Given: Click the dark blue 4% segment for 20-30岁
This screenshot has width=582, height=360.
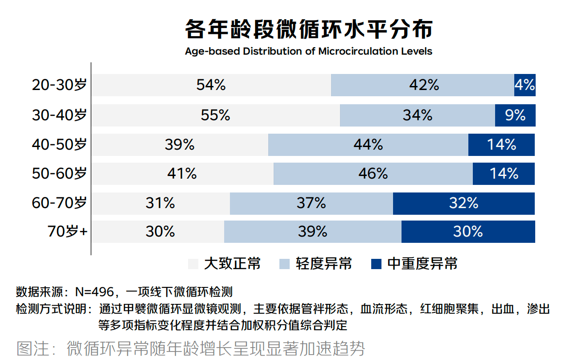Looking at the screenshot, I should pos(525,85).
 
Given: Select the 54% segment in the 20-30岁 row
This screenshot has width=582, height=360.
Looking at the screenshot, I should pos(211,85).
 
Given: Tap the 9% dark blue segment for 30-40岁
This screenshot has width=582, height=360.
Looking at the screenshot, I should pos(515,115).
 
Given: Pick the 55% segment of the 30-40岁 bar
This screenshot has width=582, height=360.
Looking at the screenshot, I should pos(216,115).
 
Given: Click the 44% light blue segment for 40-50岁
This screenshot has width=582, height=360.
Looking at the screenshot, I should pos(368,145).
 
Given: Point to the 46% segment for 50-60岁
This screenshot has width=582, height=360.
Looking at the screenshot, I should pos(373,174).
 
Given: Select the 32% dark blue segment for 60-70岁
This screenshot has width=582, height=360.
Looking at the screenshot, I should pos(463,204).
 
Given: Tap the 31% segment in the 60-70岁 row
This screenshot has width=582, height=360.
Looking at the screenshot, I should pos(160,204).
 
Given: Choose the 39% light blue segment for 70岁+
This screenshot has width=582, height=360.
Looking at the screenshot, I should pos(312,232).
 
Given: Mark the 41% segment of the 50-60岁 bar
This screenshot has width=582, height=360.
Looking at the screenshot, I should pos(182,174).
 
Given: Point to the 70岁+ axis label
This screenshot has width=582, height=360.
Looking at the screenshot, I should pos(67,232).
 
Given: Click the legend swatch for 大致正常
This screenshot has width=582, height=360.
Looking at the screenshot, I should pos(193,264).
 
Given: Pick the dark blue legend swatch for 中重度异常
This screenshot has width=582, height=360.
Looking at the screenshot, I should pos(377,264).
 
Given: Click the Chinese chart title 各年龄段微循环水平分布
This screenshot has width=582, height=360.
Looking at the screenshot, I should pos(308,30).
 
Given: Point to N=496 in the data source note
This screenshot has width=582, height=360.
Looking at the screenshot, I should pos(94,292).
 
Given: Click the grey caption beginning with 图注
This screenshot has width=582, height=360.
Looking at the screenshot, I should pos(191,348).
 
